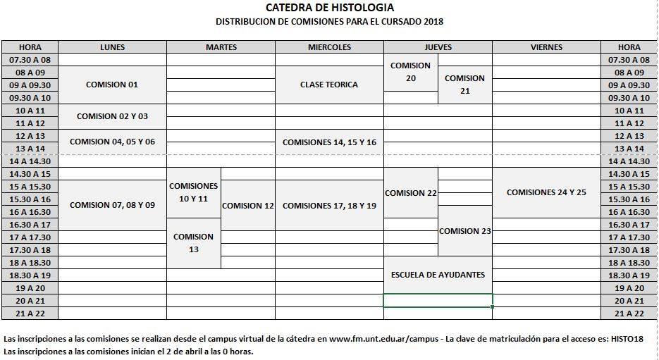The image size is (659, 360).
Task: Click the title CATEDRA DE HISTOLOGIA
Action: click(329, 8)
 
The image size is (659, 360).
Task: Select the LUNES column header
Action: click(112, 47)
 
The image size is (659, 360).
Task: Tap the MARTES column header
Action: click(221, 47)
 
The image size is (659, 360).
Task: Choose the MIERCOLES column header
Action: click(329, 47)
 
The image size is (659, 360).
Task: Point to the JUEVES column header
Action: click(438, 47)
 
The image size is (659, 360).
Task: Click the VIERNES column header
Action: click(546, 47)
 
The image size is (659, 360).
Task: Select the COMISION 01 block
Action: click(112, 85)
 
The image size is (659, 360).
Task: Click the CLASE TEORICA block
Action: click(329, 85)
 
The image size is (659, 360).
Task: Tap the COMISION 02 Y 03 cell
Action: click(112, 116)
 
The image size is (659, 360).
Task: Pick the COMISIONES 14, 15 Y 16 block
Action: click(329, 142)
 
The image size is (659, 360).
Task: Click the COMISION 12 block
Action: click(247, 206)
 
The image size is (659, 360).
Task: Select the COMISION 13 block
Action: click(194, 243)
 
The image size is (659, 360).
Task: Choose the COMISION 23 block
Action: click(465, 231)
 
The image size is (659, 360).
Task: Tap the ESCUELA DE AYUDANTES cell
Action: click(438, 275)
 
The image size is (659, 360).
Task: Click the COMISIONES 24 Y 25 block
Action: click(546, 192)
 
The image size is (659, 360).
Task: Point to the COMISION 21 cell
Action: click(465, 85)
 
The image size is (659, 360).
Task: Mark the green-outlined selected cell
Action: click(438, 301)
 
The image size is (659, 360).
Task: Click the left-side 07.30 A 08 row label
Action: click(30, 60)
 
